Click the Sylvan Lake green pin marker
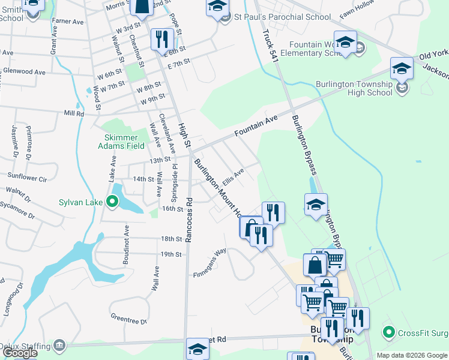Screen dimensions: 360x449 [112, 202]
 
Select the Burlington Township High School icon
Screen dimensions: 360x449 [402, 69]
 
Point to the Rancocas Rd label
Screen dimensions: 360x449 [188, 220]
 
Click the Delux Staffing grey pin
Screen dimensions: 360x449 [59, 346]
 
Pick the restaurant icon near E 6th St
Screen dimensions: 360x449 [161, 40]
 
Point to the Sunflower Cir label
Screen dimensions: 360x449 [26, 178]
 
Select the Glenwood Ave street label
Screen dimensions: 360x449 [24, 72]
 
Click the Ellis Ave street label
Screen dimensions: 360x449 [232, 177]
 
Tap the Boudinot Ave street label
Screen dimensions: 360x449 [127, 240]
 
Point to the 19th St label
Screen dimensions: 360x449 [170, 254]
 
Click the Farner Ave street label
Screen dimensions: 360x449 [68, 21]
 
